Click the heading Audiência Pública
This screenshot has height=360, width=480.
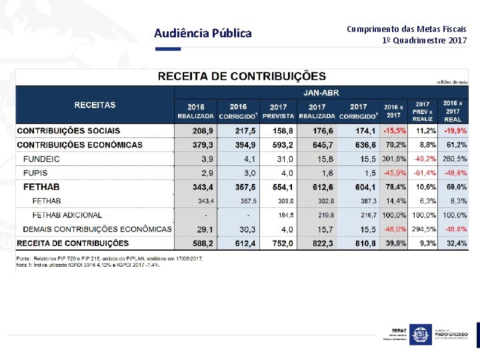[203, 33]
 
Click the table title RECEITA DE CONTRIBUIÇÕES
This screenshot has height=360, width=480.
[241, 77]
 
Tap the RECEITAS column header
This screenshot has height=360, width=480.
[95, 105]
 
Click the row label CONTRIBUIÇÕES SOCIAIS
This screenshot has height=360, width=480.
[69, 131]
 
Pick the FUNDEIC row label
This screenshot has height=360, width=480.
[41, 159]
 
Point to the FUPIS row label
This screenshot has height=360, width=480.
[36, 173]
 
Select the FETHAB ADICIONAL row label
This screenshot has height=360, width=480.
[67, 215]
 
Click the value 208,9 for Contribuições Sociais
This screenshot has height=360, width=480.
[202, 131]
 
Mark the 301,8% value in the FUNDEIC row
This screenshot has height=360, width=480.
[394, 159]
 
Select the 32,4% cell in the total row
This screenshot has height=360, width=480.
[456, 243]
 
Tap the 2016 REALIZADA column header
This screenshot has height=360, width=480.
[196, 111]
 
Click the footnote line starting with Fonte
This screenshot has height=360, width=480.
[110, 258]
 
